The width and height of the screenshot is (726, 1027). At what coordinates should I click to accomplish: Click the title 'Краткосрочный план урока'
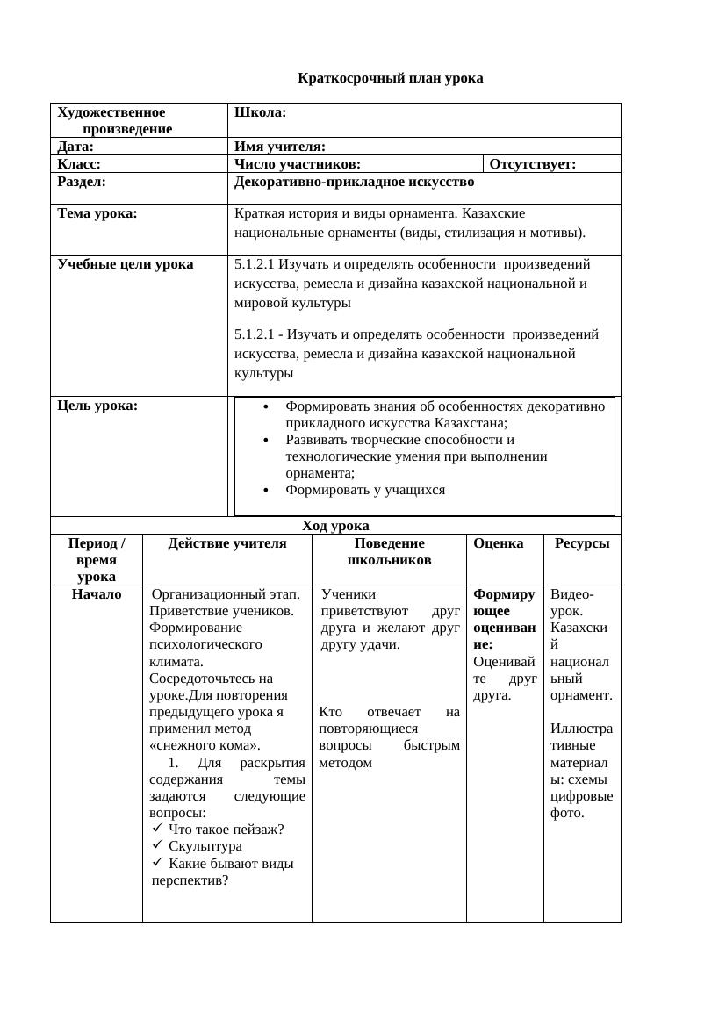click(390, 78)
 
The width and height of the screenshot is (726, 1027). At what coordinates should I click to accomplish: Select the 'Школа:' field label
click(260, 112)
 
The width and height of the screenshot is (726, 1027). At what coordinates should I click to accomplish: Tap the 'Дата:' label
click(75, 147)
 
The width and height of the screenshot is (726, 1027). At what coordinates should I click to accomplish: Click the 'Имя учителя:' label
click(280, 147)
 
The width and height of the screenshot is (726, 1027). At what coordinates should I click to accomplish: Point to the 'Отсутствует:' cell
click(532, 164)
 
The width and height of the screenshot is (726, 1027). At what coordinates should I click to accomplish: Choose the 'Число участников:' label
click(298, 164)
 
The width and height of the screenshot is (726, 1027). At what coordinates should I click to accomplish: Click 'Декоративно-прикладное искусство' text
click(354, 182)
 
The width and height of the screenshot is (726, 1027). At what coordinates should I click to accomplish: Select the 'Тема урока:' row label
click(97, 213)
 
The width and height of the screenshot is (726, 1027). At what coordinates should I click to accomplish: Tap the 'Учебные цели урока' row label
click(125, 264)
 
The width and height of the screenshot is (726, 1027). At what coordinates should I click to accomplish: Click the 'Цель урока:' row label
click(97, 406)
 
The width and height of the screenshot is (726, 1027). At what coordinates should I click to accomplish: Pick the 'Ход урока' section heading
click(335, 526)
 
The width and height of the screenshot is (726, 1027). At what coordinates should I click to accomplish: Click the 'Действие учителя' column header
click(226, 543)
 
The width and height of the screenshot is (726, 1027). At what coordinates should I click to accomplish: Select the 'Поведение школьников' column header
click(389, 551)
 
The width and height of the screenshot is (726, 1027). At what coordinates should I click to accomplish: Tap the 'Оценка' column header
click(498, 543)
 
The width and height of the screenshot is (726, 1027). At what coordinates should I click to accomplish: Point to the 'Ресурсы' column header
click(581, 543)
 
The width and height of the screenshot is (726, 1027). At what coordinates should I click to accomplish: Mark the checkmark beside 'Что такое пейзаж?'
click(157, 829)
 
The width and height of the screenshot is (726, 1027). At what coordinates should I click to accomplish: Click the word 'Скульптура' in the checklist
click(205, 846)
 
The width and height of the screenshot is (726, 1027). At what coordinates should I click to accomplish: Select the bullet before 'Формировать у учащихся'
click(267, 490)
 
